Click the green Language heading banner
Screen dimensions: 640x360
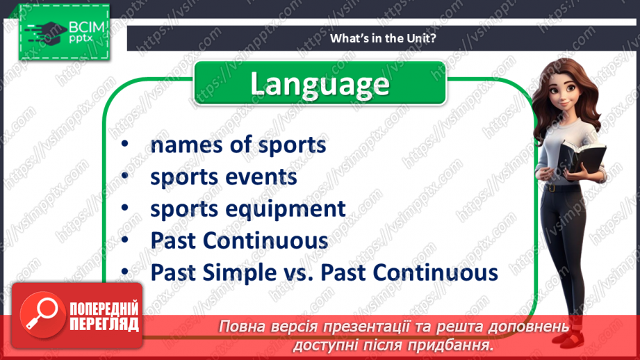tap(320, 83)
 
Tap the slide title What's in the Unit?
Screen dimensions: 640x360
tap(383, 38)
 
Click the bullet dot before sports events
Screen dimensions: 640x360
tap(125, 176)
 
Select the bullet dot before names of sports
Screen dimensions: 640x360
tap(125, 144)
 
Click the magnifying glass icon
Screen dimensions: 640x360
tap(42, 314)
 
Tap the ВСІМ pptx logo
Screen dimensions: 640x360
tap(64, 32)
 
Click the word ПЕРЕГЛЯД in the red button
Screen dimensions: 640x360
tap(104, 325)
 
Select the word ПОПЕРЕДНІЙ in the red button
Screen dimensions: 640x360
tap(104, 309)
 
